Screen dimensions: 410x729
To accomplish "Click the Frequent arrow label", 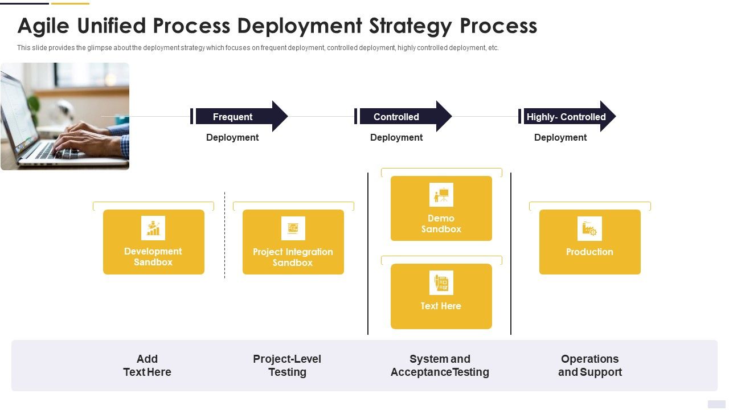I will pyautogui.click(x=232, y=117).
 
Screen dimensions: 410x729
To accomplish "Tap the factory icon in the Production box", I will pyautogui.click(x=589, y=228).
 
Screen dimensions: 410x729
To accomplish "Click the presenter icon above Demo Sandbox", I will pyautogui.click(x=441, y=195).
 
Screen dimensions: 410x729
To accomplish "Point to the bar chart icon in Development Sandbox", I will pyautogui.click(x=153, y=228).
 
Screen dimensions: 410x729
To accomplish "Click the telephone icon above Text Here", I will pyautogui.click(x=441, y=282).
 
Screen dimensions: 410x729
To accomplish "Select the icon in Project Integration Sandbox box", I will pyautogui.click(x=293, y=228).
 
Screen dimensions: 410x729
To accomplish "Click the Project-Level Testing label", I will pyautogui.click(x=287, y=366).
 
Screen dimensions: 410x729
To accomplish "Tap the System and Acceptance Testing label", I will pyautogui.click(x=440, y=366).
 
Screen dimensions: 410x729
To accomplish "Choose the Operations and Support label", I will pyautogui.click(x=589, y=366).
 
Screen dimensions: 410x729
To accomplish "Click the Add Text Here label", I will pyautogui.click(x=147, y=366).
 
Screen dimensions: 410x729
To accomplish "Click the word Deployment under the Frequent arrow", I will pyautogui.click(x=232, y=137).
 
